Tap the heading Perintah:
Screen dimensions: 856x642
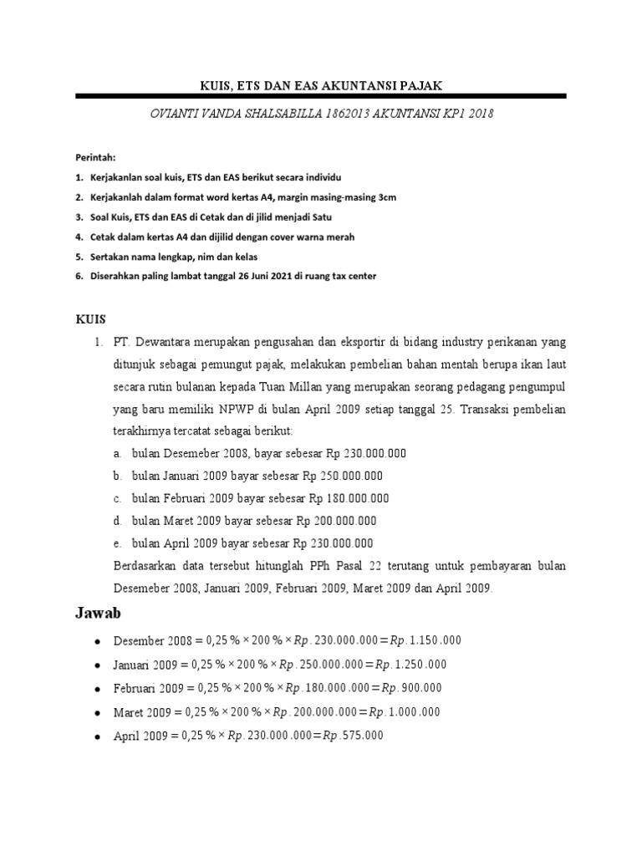click(96, 157)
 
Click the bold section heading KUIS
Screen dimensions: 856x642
click(92, 319)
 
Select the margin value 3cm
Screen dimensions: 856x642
click(385, 197)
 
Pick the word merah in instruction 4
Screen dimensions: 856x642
click(338, 237)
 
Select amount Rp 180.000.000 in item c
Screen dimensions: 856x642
click(349, 498)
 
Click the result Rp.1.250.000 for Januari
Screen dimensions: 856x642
click(410, 665)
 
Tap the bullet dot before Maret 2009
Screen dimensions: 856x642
click(98, 713)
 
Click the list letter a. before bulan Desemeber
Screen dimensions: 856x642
click(119, 453)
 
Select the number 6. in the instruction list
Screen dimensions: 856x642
click(79, 276)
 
